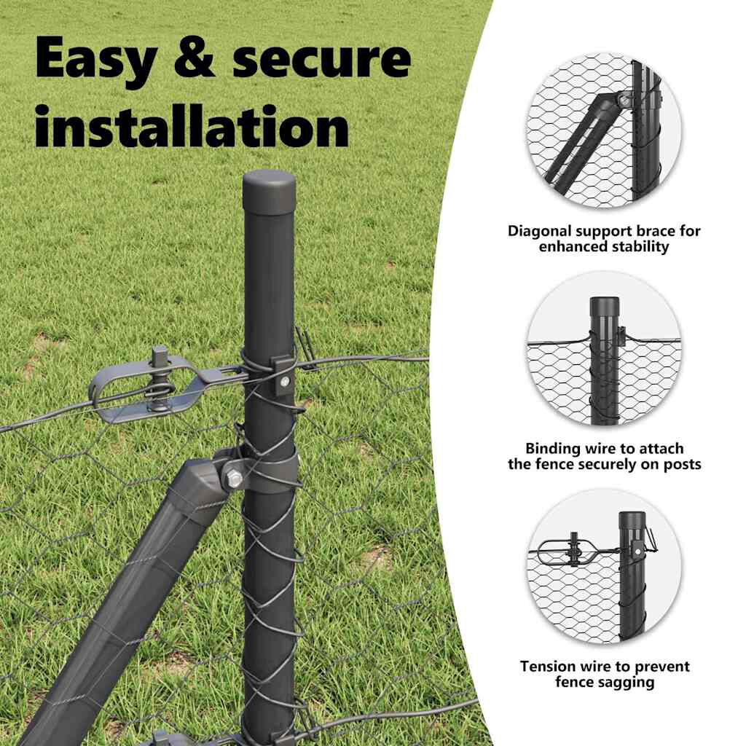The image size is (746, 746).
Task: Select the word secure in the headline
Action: [x=321, y=60]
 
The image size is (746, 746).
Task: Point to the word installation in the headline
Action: [x=192, y=125]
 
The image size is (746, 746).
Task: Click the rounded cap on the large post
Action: [x=269, y=192]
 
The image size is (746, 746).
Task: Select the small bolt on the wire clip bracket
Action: [x=285, y=381]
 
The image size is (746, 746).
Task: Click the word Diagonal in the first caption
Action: [x=540, y=231]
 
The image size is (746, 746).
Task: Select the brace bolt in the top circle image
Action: [x=623, y=100]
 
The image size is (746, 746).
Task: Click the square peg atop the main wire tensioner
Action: [x=158, y=355]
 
